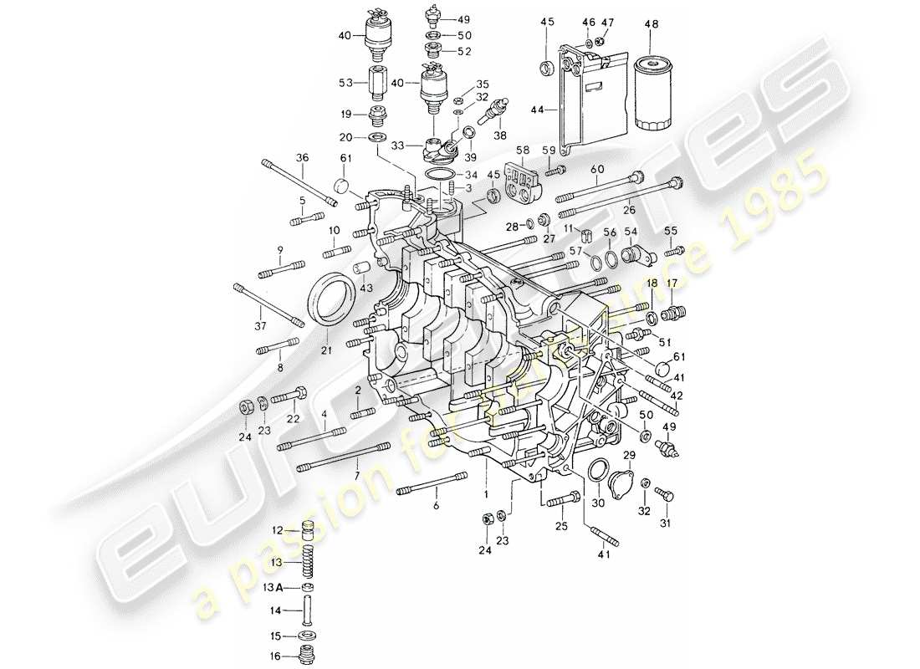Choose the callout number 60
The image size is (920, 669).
pos(596,169)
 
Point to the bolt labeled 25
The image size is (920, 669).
pos(560,499)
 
